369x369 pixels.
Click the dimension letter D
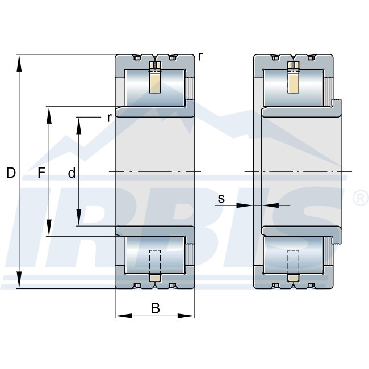pyautogui.click(x=11, y=174)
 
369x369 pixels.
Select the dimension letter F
pyautogui.click(x=40, y=174)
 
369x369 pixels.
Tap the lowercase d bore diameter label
pyautogui.click(x=72, y=174)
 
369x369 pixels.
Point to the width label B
pyautogui.click(x=155, y=308)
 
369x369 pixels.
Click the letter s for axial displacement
pyautogui.click(x=221, y=198)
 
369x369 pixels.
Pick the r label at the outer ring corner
pyautogui.click(x=200, y=57)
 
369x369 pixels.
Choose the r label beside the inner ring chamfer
pyautogui.click(x=108, y=118)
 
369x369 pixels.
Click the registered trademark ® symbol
pyautogui.click(x=359, y=198)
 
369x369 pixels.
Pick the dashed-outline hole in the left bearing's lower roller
pyautogui.click(x=154, y=262)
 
